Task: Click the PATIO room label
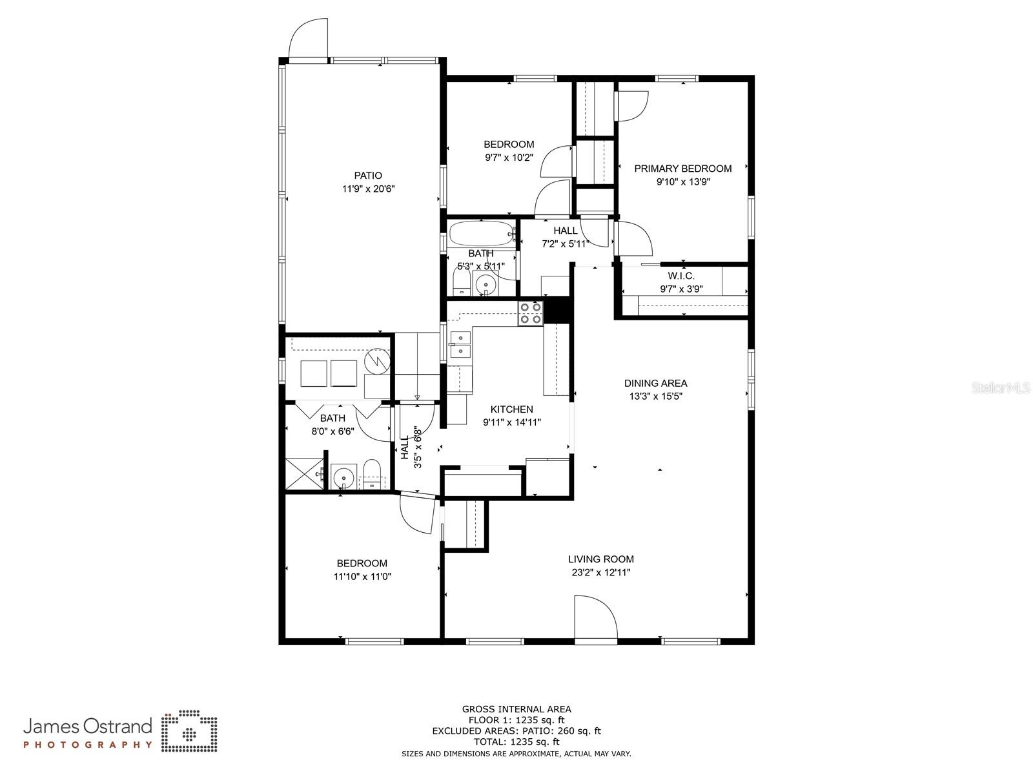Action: [368, 176]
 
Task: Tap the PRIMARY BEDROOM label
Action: [683, 169]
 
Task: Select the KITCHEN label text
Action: [511, 409]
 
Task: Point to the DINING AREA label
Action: [655, 383]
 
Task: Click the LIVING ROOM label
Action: [601, 559]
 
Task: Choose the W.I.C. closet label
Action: [681, 276]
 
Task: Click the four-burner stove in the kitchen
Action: [531, 313]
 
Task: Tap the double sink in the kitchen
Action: [460, 345]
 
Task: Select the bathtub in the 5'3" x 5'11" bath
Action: [482, 233]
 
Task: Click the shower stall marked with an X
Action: [304, 474]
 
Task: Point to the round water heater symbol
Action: [378, 360]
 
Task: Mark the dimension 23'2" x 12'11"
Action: [601, 572]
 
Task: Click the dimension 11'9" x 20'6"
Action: [368, 189]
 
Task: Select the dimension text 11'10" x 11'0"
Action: [362, 577]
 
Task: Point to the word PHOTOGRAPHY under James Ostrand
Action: [88, 745]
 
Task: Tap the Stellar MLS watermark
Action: [1001, 387]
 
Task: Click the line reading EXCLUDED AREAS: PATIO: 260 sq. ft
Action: [516, 731]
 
